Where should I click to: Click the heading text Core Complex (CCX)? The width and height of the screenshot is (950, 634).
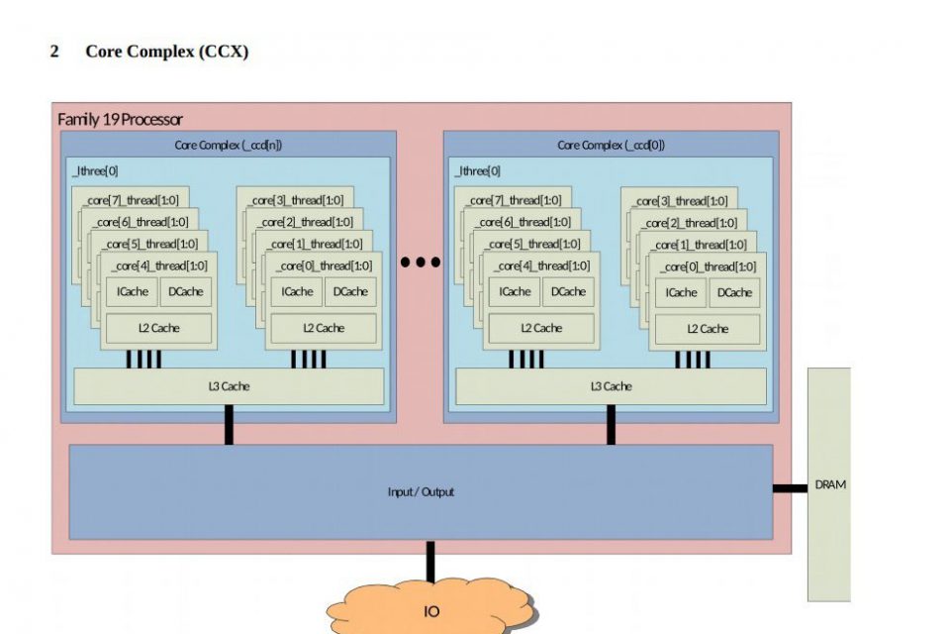click(x=166, y=52)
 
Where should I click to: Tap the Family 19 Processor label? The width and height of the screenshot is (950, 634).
click(x=120, y=119)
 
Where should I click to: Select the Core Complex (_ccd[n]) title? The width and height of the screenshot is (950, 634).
click(x=228, y=145)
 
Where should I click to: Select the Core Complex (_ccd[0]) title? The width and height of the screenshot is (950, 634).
click(x=611, y=145)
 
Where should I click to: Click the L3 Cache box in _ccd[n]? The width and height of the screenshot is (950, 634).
click(x=229, y=386)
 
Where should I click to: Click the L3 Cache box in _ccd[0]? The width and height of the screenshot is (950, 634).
click(x=611, y=386)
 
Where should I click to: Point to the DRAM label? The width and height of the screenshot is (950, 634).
click(x=830, y=485)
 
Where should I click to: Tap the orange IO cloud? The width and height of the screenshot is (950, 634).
click(x=431, y=611)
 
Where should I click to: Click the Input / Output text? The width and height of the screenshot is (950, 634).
click(x=421, y=491)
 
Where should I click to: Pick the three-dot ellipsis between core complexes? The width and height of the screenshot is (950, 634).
click(x=420, y=263)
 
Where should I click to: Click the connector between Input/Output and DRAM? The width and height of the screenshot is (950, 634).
click(x=790, y=487)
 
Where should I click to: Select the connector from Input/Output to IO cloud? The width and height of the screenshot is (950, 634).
click(x=429, y=561)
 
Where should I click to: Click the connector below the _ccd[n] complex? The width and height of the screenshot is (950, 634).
click(x=229, y=425)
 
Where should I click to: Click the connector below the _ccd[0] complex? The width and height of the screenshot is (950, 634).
click(x=611, y=425)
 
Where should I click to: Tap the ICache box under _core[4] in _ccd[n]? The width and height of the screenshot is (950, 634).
click(x=133, y=291)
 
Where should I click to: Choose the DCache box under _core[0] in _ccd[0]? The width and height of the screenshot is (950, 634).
click(x=734, y=292)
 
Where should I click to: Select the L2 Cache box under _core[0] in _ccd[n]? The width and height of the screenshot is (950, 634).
click(x=323, y=328)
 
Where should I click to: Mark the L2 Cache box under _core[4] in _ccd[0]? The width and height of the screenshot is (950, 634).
click(x=540, y=328)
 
